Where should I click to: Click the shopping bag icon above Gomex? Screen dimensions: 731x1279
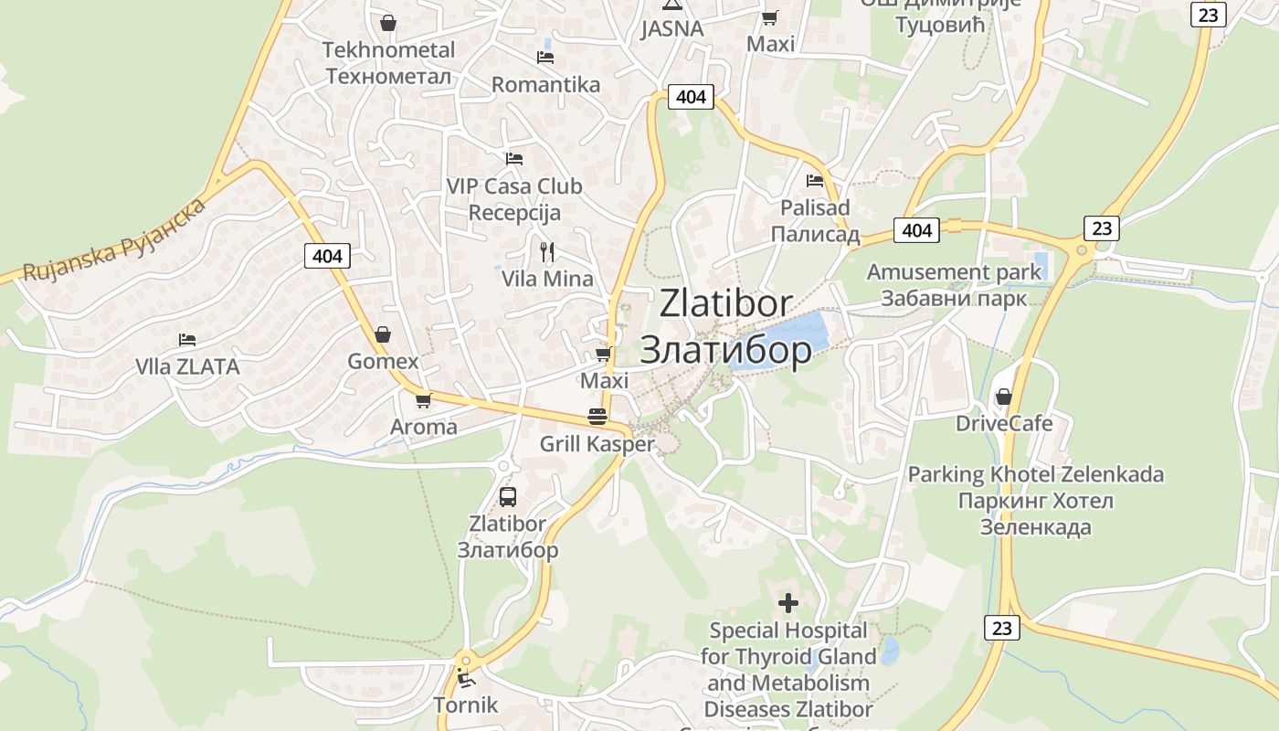[383, 334]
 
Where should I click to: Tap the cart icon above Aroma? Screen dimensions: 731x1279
[423, 400]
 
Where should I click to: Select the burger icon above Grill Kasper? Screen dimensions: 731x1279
[597, 418]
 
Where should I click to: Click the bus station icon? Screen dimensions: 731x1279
[508, 497]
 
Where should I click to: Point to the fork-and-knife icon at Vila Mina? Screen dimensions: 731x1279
[547, 251]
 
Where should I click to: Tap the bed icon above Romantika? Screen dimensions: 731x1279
[545, 58]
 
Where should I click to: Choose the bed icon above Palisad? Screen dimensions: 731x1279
[815, 180]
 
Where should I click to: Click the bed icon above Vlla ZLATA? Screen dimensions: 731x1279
[187, 340]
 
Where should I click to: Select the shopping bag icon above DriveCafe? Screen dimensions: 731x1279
[1003, 397]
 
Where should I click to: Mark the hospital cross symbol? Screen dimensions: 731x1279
[787, 603]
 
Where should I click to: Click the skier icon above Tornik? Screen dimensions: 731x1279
[466, 679]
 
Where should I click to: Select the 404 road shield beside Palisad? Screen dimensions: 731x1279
[916, 230]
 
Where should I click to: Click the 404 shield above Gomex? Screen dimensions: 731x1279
[327, 256]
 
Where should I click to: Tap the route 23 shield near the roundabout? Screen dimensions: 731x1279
[1102, 228]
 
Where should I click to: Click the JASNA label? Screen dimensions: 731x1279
[672, 28]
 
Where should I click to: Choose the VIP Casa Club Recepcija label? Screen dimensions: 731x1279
[514, 199]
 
